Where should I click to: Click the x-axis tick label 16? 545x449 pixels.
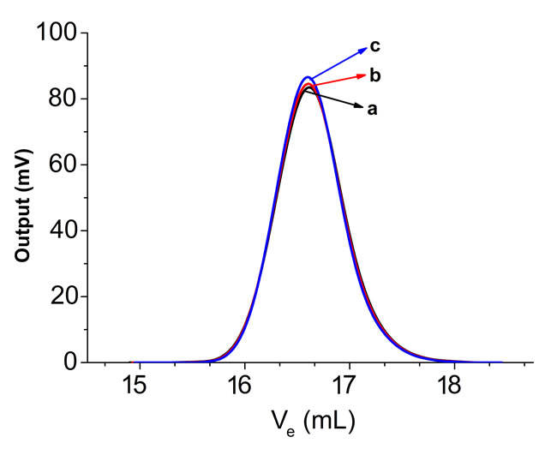pos(243,386)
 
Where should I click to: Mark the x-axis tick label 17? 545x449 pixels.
pos(348,386)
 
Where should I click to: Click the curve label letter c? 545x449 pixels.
pos(374,45)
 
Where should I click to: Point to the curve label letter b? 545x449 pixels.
pos(374,75)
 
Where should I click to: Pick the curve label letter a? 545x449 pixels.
pos(372,109)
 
